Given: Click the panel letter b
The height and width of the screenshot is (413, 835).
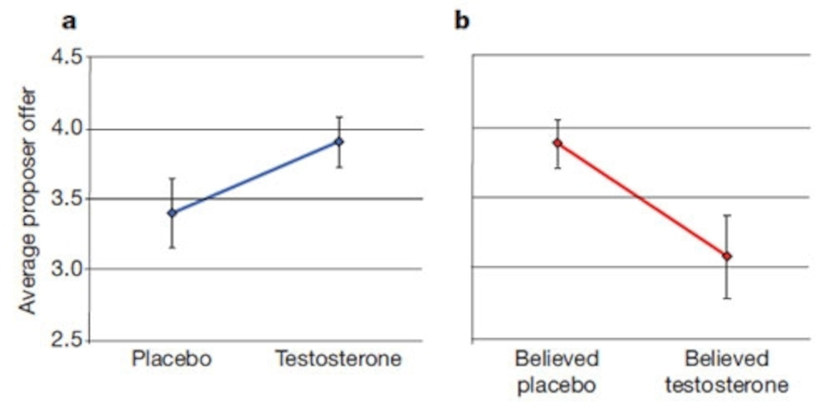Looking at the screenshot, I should (462, 21).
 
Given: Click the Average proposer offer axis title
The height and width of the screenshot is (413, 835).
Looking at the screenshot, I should (27, 201).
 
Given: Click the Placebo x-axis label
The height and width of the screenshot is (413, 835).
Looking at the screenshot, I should (172, 359).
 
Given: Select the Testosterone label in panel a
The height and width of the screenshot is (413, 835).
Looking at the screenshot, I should (338, 359).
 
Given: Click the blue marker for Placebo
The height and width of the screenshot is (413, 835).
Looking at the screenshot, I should (172, 213).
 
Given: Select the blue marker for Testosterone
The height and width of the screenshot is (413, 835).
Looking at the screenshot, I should (339, 142).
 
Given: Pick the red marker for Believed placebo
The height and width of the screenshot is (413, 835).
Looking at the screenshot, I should (557, 143).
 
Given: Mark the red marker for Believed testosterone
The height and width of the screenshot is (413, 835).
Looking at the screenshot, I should (727, 257).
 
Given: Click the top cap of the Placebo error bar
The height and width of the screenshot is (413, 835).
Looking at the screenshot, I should (172, 178).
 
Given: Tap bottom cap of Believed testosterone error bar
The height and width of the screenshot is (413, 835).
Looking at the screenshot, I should (727, 298).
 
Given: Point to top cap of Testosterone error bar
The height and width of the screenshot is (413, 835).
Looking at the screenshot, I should (339, 117).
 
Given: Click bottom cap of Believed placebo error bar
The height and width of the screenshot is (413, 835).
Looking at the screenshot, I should (557, 168).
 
